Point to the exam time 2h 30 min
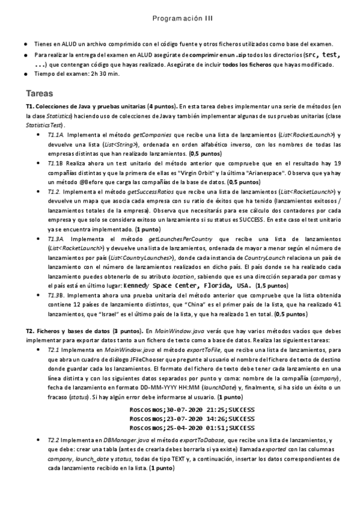pos(106,74)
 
